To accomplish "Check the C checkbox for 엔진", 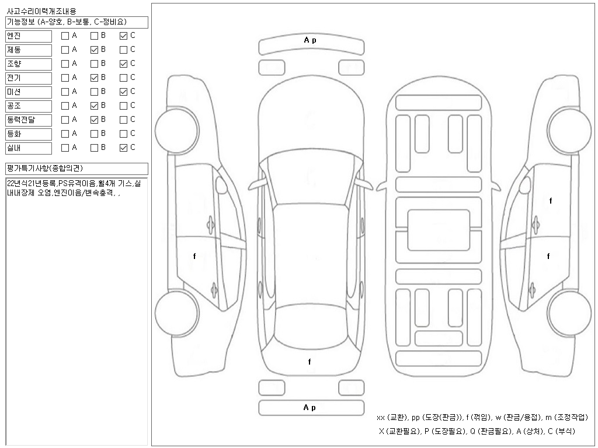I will [x=123, y=36].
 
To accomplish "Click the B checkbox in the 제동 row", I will [x=94, y=50].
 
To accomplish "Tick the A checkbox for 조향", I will [x=65, y=64].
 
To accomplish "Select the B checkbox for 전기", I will [x=94, y=78].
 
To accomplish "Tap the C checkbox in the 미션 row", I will [x=123, y=92].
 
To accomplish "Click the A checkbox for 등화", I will [x=65, y=134].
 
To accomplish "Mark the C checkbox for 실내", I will [x=123, y=148].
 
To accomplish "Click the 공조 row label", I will [x=29, y=106].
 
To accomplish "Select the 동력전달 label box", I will [x=29, y=120].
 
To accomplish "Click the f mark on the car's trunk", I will [x=310, y=362].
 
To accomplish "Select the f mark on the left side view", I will [x=194, y=256].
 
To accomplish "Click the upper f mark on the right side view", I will [x=550, y=201].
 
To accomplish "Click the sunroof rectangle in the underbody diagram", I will [x=439, y=223].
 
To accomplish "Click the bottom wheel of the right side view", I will [x=570, y=307].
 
